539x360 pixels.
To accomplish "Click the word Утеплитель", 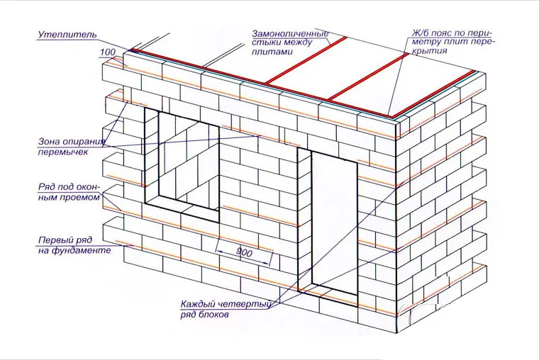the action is tap(67, 34).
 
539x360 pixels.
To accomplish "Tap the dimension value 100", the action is tap(108, 52).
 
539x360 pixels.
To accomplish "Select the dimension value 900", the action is tap(244, 253).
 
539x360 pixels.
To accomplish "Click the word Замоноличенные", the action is tap(291, 34).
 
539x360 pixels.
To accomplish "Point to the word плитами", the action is tap(272, 52).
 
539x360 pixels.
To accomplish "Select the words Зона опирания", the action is tap(72, 142).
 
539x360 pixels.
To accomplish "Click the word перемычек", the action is tap(63, 152).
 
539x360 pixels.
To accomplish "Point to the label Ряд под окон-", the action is tap(69, 188).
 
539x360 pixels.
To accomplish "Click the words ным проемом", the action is tap(69, 198).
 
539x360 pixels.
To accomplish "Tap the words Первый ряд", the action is tap(65, 240).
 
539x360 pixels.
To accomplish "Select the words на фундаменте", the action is tap(74, 250).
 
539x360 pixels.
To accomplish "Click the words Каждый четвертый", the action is tap(226, 304).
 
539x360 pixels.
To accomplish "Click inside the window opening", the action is tap(189, 162).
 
